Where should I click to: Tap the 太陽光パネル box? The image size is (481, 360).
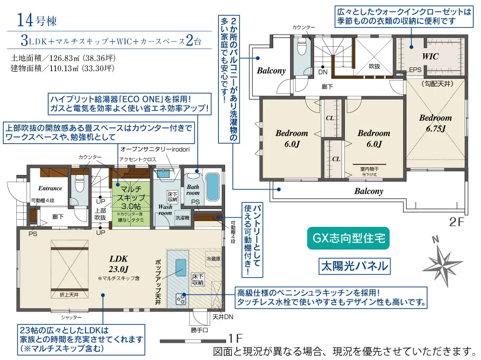(x=354, y=265)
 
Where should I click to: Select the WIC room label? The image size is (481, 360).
(x=430, y=56)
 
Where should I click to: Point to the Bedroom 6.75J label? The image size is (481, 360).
(x=435, y=123)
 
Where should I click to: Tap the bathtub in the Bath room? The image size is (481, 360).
(x=212, y=187)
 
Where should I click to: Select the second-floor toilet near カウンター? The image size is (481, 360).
(x=302, y=48)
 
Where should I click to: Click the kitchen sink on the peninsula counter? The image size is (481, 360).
(x=180, y=267)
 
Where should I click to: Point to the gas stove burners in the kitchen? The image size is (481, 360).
(x=182, y=298)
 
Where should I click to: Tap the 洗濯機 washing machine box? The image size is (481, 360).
(x=182, y=217)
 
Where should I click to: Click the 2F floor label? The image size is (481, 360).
(x=458, y=222)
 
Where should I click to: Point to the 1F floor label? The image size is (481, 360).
(x=237, y=338)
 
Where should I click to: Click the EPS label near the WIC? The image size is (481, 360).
(x=415, y=70)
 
